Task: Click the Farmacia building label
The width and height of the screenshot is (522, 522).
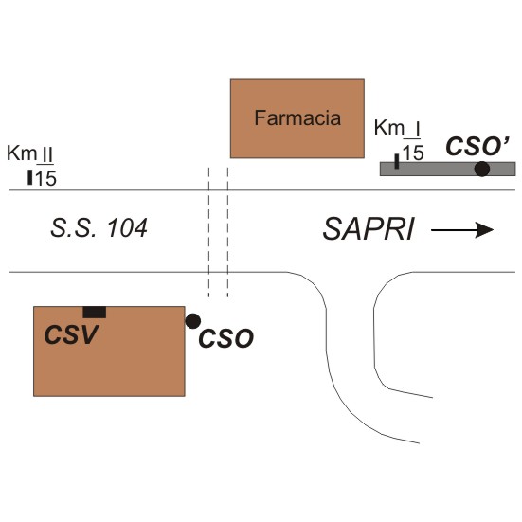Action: click(x=297, y=117)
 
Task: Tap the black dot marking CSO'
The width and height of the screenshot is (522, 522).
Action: click(x=481, y=169)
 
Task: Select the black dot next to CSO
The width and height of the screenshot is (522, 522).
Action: click(x=192, y=321)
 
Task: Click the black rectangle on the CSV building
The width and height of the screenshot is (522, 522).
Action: click(x=95, y=313)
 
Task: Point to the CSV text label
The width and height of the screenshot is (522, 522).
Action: click(x=71, y=334)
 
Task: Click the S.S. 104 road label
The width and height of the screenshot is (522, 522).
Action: click(x=99, y=228)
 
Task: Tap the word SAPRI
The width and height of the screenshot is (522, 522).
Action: click(x=369, y=229)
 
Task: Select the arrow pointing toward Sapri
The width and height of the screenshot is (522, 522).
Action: click(x=462, y=230)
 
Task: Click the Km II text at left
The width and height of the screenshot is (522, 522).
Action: click(x=30, y=153)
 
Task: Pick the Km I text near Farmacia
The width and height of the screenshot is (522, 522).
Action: click(x=397, y=128)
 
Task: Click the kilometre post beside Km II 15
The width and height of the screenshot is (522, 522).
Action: click(x=30, y=177)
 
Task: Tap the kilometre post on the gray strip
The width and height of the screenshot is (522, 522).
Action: click(x=397, y=161)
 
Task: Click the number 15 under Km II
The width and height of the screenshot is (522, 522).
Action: click(x=45, y=178)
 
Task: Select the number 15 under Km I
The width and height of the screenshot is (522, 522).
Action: click(x=413, y=153)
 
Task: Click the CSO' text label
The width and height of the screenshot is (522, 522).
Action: click(x=477, y=146)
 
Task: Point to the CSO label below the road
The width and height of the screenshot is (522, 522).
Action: click(x=226, y=338)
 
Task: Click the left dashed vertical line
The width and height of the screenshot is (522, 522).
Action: click(x=208, y=232)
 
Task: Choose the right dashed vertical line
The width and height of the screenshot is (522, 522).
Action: click(x=227, y=232)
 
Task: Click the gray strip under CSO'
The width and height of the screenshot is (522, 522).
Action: click(x=448, y=169)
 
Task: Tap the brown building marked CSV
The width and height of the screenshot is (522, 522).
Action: click(x=109, y=351)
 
